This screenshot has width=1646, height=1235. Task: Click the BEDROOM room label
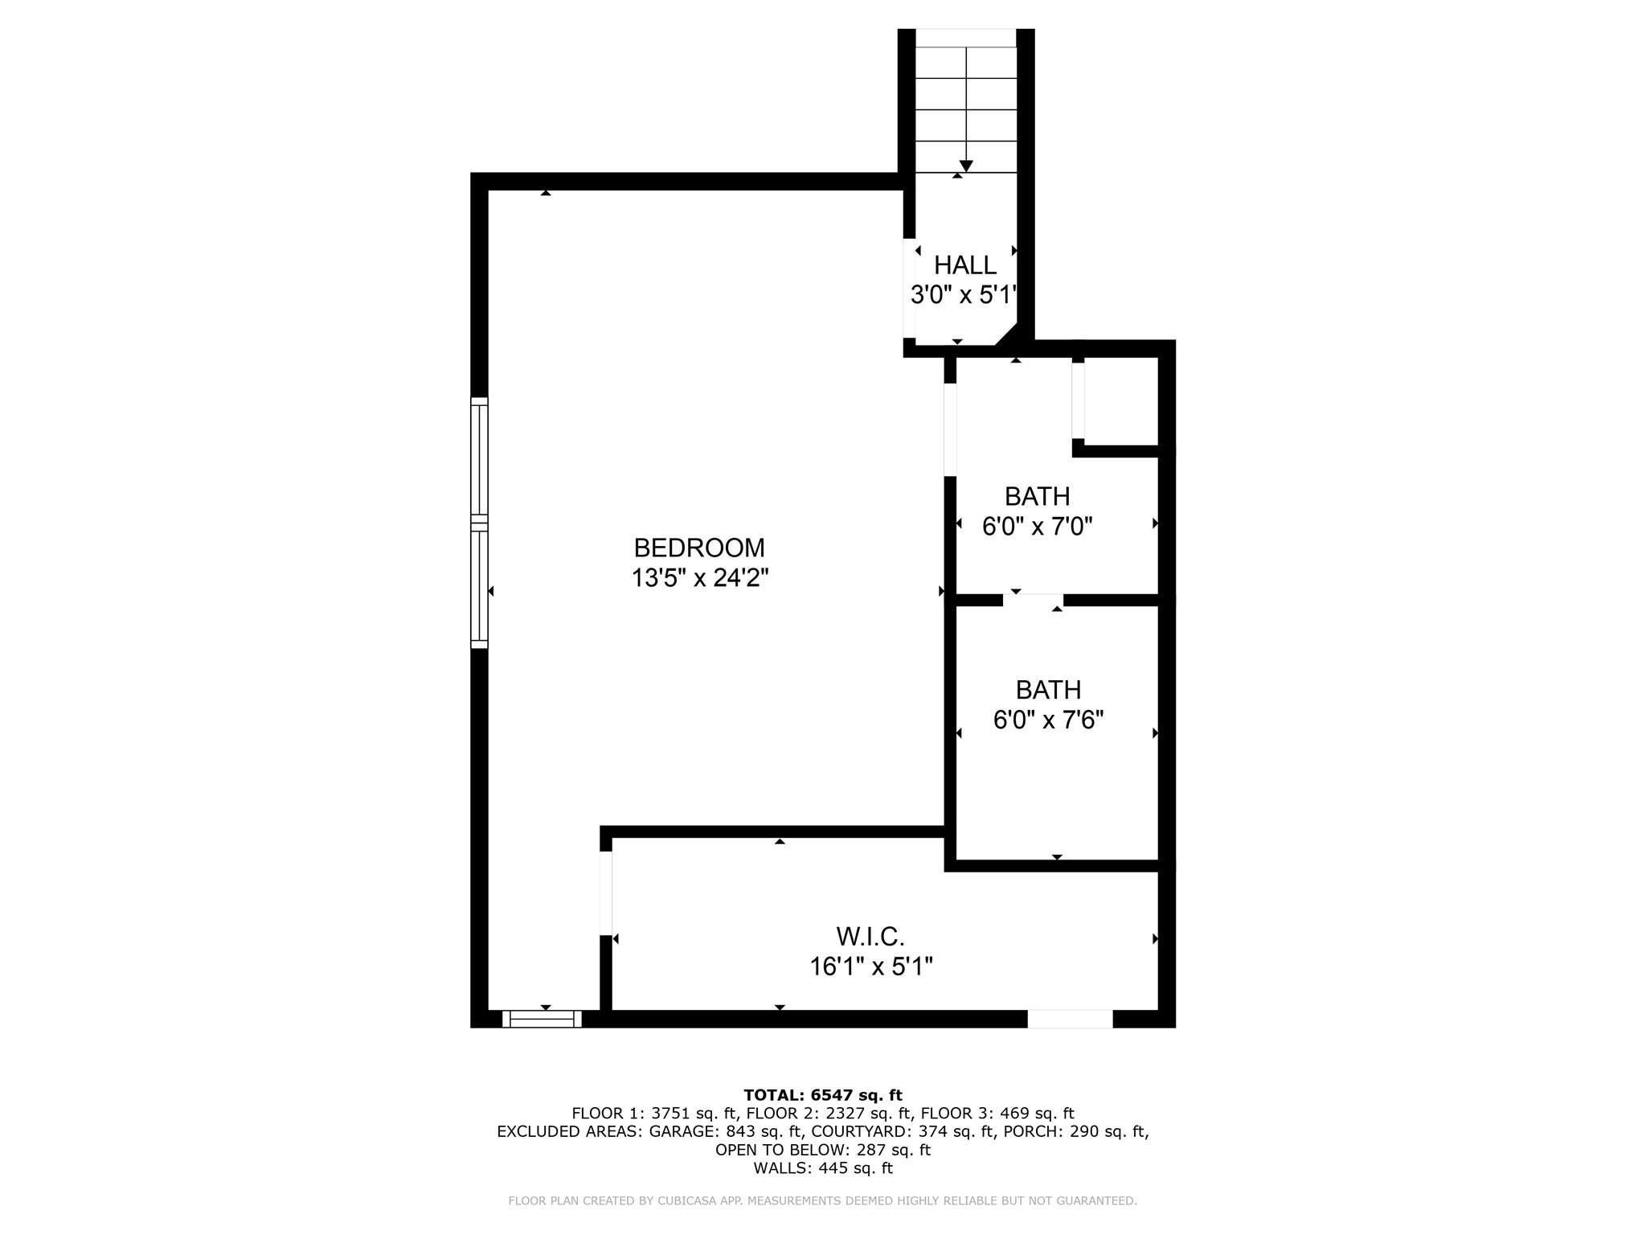pos(698,548)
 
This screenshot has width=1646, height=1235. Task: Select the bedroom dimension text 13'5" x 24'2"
pos(699,578)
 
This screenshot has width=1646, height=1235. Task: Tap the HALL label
pos(964,265)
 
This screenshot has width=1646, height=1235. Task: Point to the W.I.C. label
pos(870,936)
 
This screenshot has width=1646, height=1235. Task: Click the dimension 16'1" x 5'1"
pos(870,966)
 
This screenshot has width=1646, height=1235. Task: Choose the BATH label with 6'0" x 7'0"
pos(1037,496)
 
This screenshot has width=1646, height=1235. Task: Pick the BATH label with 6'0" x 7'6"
pos(1048,690)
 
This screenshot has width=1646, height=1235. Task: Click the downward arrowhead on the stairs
pos(966,166)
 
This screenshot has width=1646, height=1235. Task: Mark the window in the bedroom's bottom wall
pos(542,1019)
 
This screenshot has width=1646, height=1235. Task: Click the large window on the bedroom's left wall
pos(479,523)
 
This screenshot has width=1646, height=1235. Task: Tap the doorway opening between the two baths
pos(1033,600)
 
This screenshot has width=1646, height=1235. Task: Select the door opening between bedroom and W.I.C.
pos(606,892)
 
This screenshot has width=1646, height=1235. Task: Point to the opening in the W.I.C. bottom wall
pos(1070,1019)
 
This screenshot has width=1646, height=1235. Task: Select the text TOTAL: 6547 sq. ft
pos(822,1095)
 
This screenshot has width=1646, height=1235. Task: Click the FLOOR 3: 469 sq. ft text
pos(997,1114)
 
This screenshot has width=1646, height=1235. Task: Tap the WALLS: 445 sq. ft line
pos(822,1168)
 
